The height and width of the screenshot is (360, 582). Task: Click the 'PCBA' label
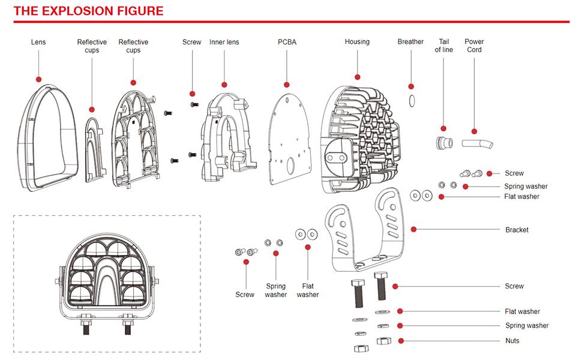(287, 42)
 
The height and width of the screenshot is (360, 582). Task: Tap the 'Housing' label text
(357, 41)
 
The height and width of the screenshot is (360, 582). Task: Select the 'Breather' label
(410, 41)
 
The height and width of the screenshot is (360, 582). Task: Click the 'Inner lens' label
(224, 42)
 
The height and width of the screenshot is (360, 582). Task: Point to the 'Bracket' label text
(517, 230)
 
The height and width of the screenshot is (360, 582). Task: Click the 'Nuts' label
(512, 341)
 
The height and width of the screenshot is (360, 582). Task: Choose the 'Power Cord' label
(474, 46)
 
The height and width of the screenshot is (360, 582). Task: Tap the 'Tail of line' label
(444, 46)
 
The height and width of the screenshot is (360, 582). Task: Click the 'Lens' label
(38, 42)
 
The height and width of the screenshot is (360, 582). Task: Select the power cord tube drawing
(478, 143)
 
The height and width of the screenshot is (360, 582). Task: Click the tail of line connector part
(444, 143)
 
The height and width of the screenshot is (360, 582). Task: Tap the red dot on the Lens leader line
(38, 79)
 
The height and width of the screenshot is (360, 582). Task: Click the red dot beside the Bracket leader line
(413, 229)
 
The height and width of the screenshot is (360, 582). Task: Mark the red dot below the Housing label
(358, 77)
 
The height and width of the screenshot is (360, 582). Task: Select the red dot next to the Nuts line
(401, 341)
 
